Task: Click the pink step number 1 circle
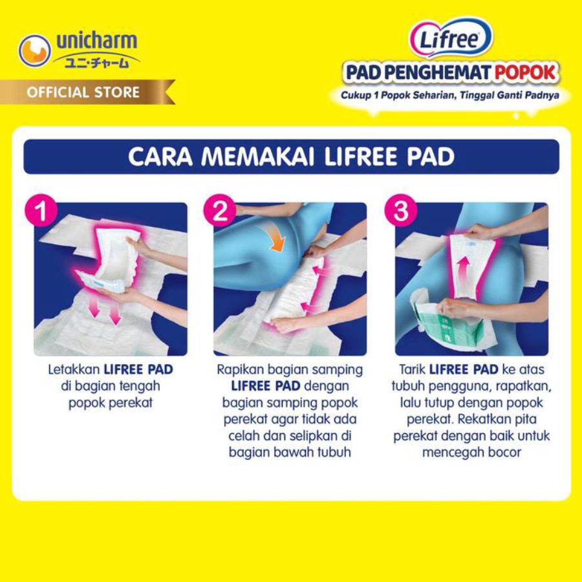coord(42,213)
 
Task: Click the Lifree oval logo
coord(450,38)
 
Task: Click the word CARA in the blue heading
coord(157,158)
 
